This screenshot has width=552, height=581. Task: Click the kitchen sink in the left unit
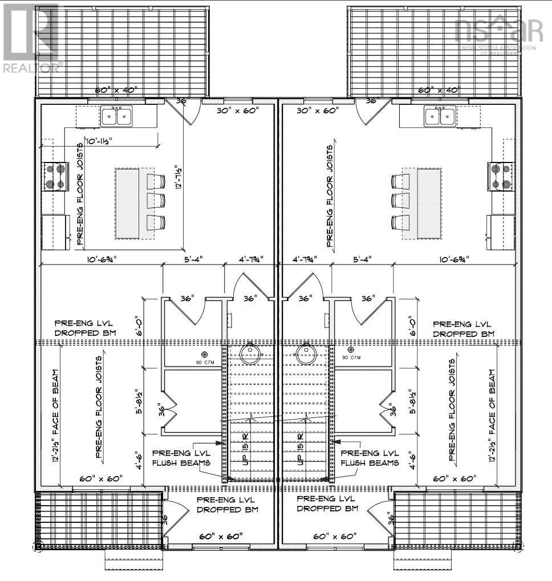click(x=116, y=116)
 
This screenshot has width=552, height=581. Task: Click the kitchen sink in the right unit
click(x=440, y=116)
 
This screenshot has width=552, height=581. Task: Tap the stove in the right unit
click(x=500, y=176)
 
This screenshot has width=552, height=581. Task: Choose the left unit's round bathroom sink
click(x=250, y=354)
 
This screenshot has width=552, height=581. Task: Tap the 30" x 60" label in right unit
click(x=317, y=110)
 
